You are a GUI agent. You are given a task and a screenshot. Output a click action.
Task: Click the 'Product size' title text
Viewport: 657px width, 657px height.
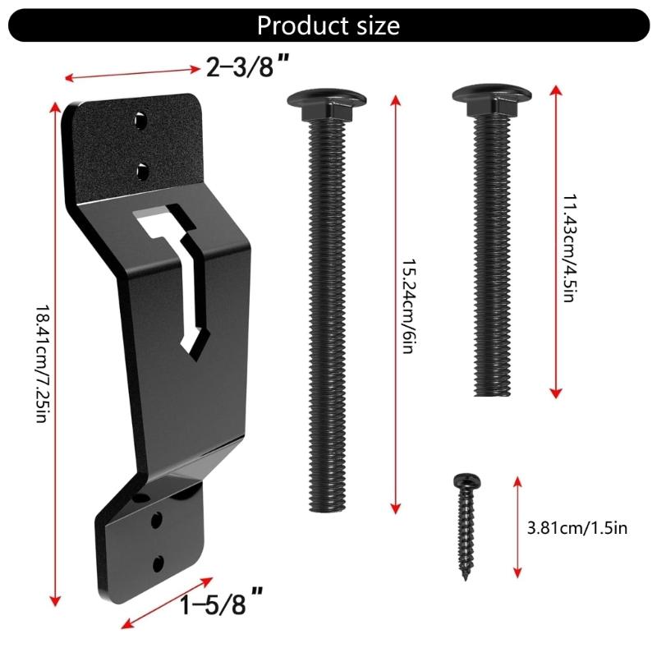point(328,25)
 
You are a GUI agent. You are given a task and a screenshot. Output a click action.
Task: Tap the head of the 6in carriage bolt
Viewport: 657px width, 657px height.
point(327,102)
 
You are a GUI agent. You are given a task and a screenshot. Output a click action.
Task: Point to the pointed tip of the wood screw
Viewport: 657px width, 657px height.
point(466,578)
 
